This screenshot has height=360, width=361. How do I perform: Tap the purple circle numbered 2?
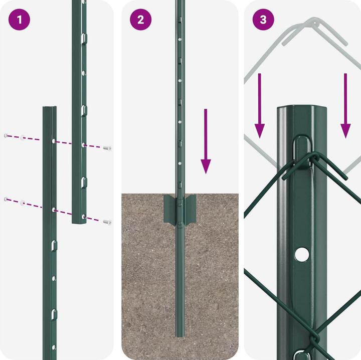[140, 20]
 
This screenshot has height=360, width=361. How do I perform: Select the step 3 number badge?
[263, 20]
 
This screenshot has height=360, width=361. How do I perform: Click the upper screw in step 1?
[107, 148]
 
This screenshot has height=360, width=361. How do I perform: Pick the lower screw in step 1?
[106, 222]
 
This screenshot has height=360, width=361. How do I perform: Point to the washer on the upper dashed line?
[23, 137]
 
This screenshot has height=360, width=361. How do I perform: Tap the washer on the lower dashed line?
[22, 203]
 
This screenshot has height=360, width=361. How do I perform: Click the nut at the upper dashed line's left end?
[6, 135]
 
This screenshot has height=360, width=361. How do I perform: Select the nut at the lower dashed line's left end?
[6, 199]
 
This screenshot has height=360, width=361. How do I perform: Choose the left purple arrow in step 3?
[259, 105]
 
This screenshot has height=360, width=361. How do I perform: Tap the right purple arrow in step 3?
[345, 105]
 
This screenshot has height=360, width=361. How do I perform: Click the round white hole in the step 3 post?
[301, 255]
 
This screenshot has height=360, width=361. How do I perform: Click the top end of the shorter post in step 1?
[49, 108]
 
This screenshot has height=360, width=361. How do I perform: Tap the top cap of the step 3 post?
[301, 108]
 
